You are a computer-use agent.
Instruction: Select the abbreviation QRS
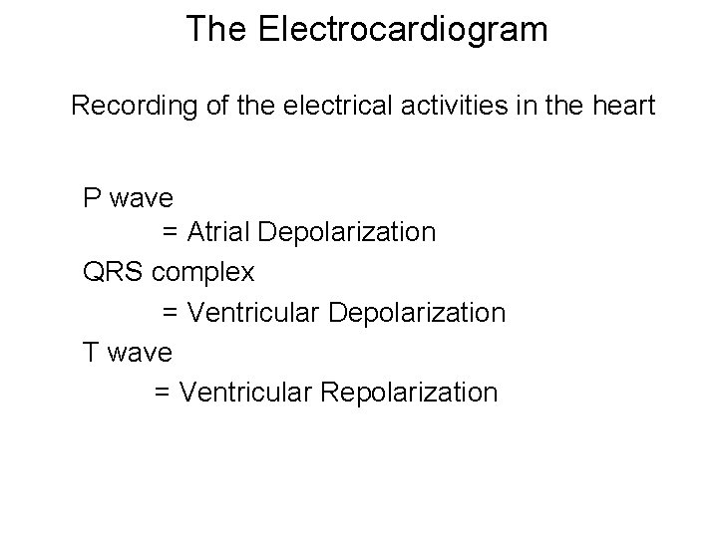pos(115,272)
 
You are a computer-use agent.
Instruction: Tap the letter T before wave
pos(91,352)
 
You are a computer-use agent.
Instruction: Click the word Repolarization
pos(409,392)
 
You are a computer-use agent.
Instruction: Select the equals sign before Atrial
pos(171,232)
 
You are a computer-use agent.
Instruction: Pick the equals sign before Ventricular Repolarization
pos(163,392)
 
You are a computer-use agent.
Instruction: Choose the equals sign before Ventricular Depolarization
pos(171,312)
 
